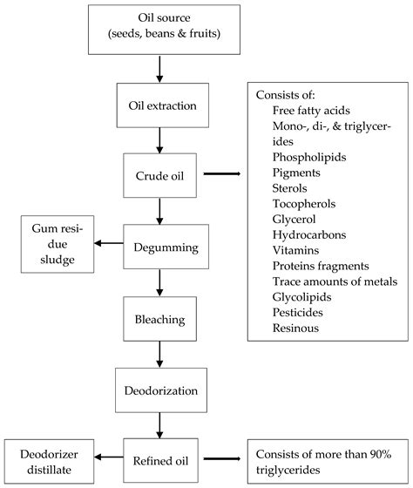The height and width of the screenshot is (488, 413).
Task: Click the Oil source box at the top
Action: pyautogui.click(x=164, y=29)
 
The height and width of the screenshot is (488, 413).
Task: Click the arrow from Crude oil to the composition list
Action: pyautogui.click(x=222, y=174)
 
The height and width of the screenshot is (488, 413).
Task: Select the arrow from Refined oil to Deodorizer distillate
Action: pyautogui.click(x=105, y=456)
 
